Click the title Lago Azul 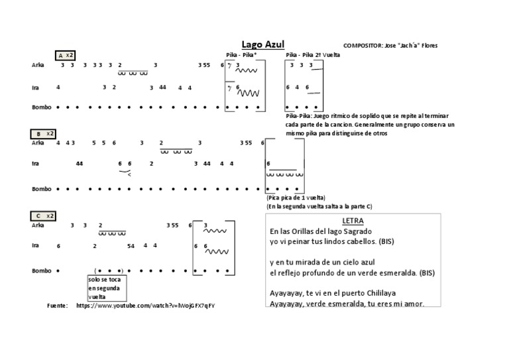point(263,44)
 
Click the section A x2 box point(66,55)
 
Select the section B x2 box point(44,134)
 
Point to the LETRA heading point(353,220)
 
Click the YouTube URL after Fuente point(145,306)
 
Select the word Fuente point(58,306)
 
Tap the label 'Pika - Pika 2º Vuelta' point(313,55)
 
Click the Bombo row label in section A point(41,107)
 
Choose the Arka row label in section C point(38,225)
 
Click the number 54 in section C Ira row point(131,246)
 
